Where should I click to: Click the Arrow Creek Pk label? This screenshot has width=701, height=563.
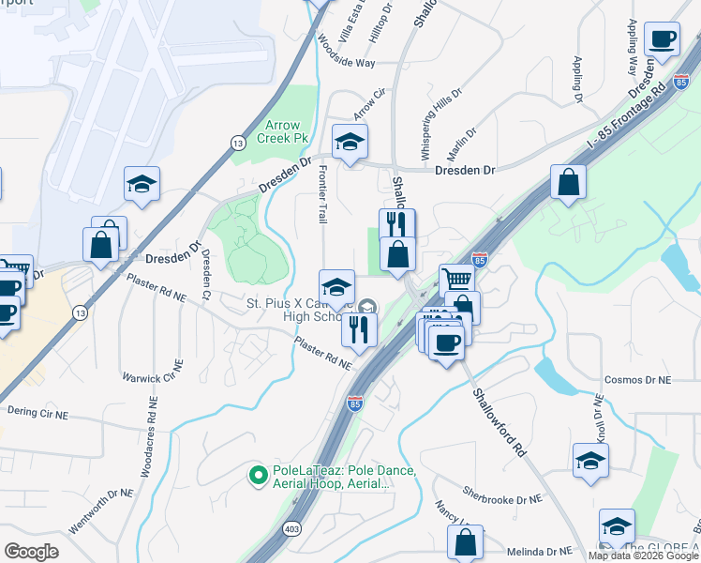282,131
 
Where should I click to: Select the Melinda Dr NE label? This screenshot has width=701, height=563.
539,552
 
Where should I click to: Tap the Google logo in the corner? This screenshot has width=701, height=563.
31,552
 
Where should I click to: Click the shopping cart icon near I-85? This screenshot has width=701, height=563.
456,279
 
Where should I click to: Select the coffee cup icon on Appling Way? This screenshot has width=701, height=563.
663,40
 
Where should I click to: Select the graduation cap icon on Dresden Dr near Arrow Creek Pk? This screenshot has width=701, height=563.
350,142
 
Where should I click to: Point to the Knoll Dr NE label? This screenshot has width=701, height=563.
598,419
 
